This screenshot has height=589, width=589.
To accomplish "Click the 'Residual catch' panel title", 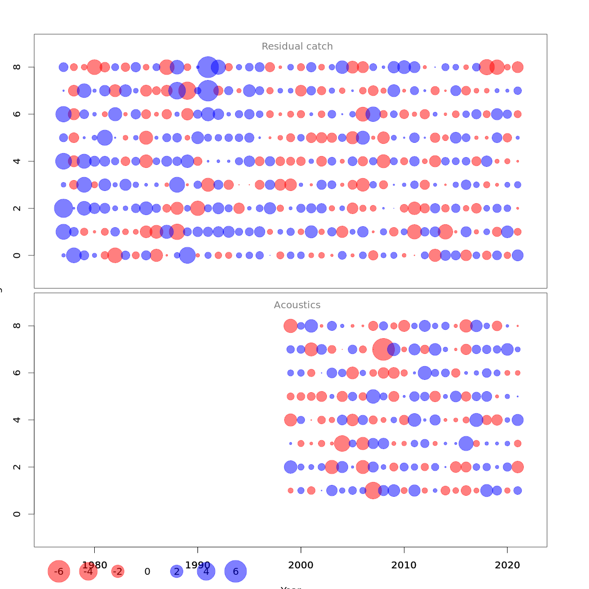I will click(x=297, y=47).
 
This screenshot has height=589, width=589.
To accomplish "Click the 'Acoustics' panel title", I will click(x=297, y=305).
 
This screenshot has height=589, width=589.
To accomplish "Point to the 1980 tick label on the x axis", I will click(x=95, y=565).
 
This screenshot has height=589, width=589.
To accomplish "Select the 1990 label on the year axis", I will click(x=198, y=565).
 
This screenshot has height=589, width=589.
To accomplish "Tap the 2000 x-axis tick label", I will click(x=301, y=565).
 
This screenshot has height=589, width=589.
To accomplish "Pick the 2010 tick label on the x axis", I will click(x=404, y=565).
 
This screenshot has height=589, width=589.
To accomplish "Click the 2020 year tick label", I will click(x=507, y=565).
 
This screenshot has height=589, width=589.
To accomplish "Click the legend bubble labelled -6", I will click(x=59, y=571).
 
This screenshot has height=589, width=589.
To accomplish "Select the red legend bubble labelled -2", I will click(x=118, y=571).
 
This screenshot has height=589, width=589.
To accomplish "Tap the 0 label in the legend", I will click(x=147, y=571).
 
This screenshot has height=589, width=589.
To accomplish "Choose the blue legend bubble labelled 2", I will click(x=177, y=571).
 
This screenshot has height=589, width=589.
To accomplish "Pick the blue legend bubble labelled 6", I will click(x=236, y=571).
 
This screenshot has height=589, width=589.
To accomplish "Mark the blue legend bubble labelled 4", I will click(x=206, y=571).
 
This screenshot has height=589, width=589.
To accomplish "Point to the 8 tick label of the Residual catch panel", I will click(x=17, y=67).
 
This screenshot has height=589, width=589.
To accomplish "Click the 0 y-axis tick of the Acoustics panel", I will click(x=17, y=514).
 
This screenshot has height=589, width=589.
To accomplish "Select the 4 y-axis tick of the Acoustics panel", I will click(x=17, y=420).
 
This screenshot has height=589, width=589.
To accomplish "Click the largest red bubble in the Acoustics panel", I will click(x=383, y=349).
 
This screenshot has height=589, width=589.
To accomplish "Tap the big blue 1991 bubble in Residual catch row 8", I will click(x=208, y=67).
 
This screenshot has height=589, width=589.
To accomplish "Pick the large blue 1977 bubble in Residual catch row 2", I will click(x=63, y=208).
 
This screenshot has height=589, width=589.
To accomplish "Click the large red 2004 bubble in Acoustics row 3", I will click(x=342, y=443).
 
